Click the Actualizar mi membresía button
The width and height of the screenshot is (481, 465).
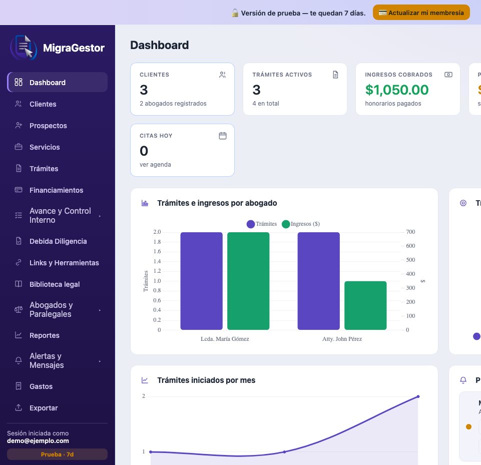pos(421,13)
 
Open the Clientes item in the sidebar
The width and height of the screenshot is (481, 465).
pos(43,104)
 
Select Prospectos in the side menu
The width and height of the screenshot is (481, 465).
pos(48,126)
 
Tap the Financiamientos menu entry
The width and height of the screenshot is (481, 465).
pos(56,190)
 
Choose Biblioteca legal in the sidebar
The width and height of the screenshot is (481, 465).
pos(54,284)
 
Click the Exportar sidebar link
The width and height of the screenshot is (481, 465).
pos(43,408)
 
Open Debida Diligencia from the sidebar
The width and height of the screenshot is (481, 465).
pos(58,241)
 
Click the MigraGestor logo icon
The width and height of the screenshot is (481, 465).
pos(24,48)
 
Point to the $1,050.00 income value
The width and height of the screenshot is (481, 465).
pos(396,90)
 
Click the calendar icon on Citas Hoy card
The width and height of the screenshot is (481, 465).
pos(223,136)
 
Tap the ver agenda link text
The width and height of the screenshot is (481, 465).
pos(155,164)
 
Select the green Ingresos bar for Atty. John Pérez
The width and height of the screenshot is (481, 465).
pos(365,305)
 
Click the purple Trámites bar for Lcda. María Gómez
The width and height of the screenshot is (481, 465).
pos(201,281)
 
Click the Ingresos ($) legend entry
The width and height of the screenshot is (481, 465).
pos(301,224)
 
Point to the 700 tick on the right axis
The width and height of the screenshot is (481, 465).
pos(410,232)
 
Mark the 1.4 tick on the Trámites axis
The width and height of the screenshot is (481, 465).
pos(157,261)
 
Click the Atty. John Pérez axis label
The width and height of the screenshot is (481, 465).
pos(342,339)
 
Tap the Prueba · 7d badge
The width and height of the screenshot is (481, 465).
pos(58,454)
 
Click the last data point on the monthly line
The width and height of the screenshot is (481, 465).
pos(418,396)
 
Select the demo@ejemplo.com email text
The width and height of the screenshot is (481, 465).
pos(38,441)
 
